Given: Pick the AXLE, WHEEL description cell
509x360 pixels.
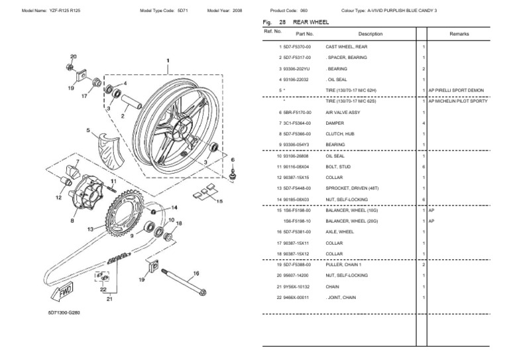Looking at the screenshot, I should point(339,231).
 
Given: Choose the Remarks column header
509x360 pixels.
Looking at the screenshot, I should point(458,33).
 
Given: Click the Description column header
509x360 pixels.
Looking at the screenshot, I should point(370,33).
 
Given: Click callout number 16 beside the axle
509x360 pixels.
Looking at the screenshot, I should point(196,273).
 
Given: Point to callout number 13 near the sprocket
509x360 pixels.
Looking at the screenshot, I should point(90,228).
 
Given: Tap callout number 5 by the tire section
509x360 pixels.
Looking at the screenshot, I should point(87,131).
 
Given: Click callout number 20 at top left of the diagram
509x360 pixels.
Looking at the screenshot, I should point(73,58).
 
